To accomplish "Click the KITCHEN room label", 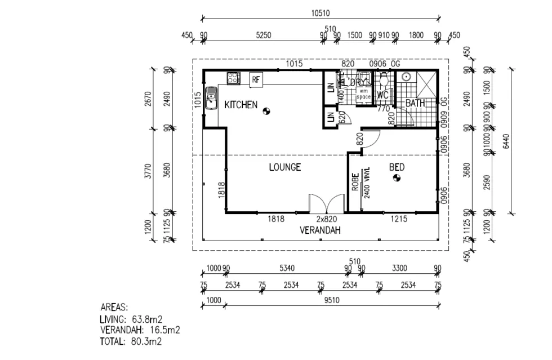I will tap(241, 105).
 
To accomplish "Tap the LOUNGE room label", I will tap(284, 167).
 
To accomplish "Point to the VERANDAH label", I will tap(320, 230).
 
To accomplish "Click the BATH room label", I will tap(415, 104).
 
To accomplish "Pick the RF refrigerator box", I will tap(256, 79).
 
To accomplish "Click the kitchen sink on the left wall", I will tap(211, 99).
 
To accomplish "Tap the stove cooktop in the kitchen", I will tap(233, 78).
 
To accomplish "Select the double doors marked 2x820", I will tap(326, 203).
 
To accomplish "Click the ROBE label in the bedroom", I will tap(355, 182).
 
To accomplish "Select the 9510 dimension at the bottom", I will tap(331, 300).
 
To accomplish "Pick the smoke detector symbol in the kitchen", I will tap(266, 112).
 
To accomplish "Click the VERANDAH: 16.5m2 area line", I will tap(139, 330).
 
